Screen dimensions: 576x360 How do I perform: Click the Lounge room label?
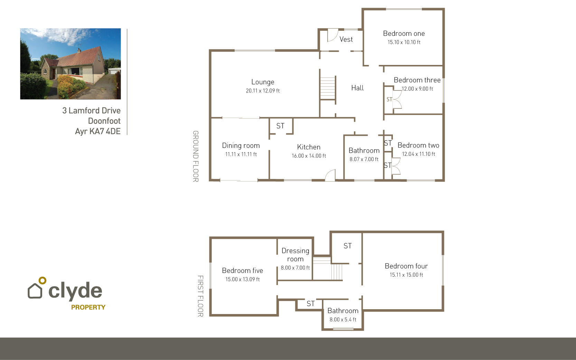pyautogui.click(x=263, y=82)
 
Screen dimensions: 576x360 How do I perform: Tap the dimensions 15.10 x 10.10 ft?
pyautogui.click(x=404, y=42)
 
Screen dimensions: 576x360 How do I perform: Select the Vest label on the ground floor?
pyautogui.click(x=346, y=39)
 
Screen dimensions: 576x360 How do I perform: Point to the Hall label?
pyautogui.click(x=357, y=88)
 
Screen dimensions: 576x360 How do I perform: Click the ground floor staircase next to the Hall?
pyautogui.click(x=328, y=88)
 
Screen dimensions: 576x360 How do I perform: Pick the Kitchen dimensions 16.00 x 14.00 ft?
pyautogui.click(x=309, y=156)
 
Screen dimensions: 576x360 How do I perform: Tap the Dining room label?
pyautogui.click(x=241, y=145)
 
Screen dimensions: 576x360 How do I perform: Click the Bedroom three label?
pyautogui.click(x=417, y=80)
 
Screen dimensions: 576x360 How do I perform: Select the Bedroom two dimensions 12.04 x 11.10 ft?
pyautogui.click(x=418, y=154)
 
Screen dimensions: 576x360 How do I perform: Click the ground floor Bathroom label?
pyautogui.click(x=364, y=150)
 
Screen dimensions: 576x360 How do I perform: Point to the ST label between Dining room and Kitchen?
pyautogui.click(x=280, y=126)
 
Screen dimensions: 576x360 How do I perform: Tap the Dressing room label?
pyautogui.click(x=295, y=255)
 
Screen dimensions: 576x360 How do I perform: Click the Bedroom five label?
pyautogui.click(x=242, y=271)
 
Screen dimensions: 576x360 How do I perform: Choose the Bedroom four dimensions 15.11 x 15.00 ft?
pyautogui.click(x=406, y=275)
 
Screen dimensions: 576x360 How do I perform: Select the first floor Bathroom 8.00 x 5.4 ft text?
pyautogui.click(x=343, y=320)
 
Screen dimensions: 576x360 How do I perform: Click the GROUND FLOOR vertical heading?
pyautogui.click(x=196, y=157)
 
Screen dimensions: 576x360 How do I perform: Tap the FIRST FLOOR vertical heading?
pyautogui.click(x=200, y=296)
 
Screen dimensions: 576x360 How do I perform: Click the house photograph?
pyautogui.click(x=70, y=64)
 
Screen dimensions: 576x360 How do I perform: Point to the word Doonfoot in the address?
pyautogui.click(x=104, y=121)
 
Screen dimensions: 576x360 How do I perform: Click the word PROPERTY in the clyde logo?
pyautogui.click(x=88, y=307)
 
